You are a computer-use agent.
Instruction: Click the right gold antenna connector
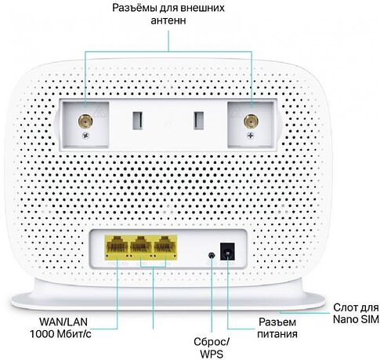pyautogui.click(x=251, y=122)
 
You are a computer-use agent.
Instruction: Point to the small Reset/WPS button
pyautogui.click(x=211, y=255)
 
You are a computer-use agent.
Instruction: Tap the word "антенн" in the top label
pyautogui.click(x=168, y=21)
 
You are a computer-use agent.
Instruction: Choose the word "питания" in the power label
pyautogui.click(x=277, y=334)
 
